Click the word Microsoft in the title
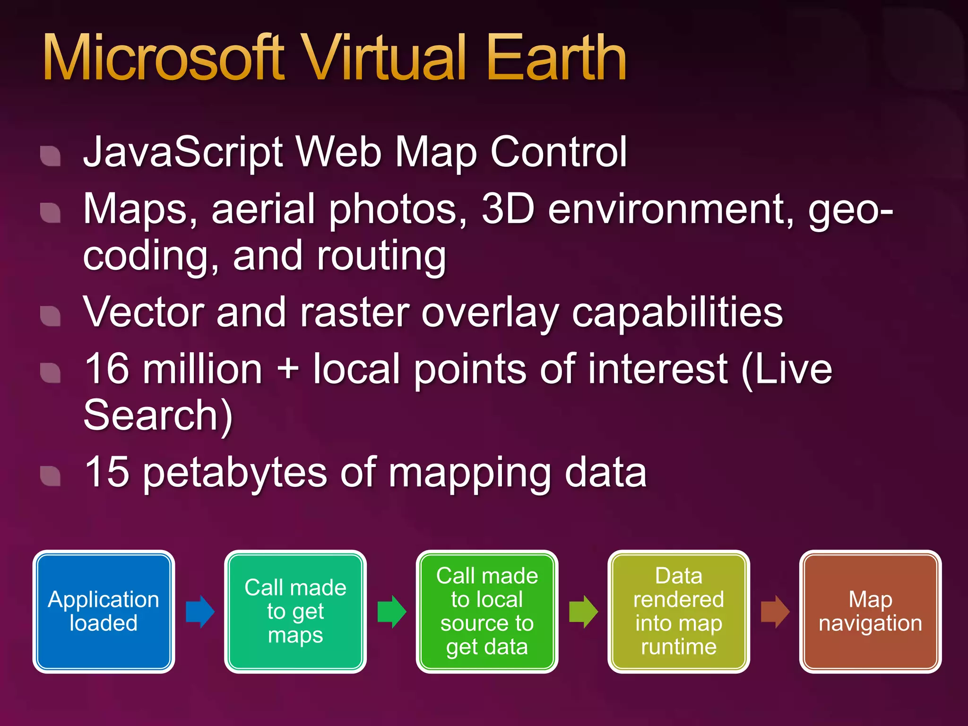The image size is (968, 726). pos(163,58)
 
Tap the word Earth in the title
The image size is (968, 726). pos(556,58)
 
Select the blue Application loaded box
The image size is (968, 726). pos(104,612)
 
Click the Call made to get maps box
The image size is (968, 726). pos(295,612)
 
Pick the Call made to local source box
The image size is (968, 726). pos(487,612)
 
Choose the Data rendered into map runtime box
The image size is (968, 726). pos(679,612)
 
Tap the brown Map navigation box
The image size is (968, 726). pos(870,612)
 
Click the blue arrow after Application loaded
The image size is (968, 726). pos(200,612)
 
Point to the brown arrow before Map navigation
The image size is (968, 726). pos(775,612)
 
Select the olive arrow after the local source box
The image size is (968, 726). pos(583,612)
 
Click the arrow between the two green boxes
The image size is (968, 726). pos(392,612)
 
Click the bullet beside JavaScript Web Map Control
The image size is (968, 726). pos(51,156)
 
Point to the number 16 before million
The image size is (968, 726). pos(107,369)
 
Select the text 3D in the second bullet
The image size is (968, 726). pos(508,208)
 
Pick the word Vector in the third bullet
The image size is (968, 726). pos(144,312)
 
